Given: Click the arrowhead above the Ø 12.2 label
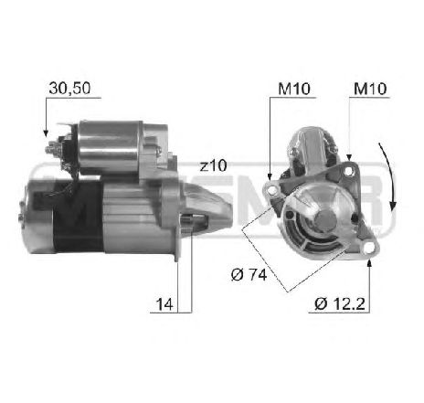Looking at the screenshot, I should click(x=367, y=261).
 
